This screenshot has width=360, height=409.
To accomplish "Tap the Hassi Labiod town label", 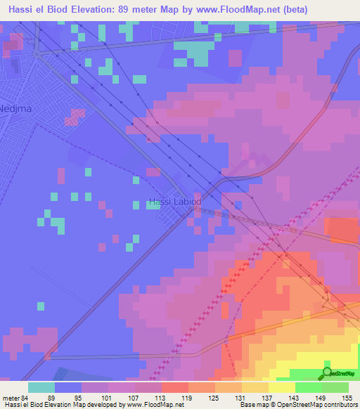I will (175, 202).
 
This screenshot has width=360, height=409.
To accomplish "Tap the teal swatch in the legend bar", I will (41, 388).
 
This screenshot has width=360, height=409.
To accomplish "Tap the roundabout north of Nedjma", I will (38, 53).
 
